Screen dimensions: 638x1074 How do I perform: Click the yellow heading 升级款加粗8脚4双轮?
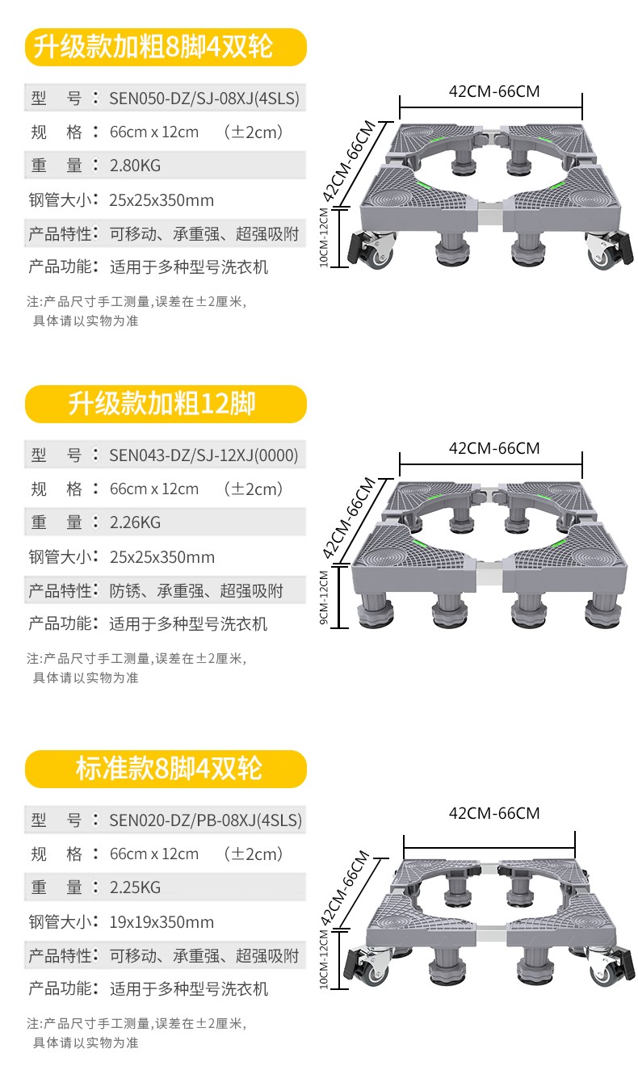coord(165,47)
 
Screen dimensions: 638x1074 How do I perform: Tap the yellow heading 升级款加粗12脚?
coord(165,404)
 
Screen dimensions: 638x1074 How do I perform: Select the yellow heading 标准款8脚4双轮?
coord(165,769)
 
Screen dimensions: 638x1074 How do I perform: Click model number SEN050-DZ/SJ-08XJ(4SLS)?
coord(204,99)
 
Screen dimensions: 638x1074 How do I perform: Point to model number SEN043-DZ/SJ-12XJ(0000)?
coord(204,455)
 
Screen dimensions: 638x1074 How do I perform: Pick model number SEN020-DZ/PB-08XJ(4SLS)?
coord(205,820)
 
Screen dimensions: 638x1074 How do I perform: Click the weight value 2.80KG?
coord(135,166)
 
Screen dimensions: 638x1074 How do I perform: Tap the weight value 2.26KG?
coord(135,522)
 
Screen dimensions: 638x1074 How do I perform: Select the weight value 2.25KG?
coord(135,887)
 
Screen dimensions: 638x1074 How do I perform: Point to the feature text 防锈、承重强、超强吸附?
coord(196,590)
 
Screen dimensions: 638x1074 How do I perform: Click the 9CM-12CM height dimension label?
coord(325,598)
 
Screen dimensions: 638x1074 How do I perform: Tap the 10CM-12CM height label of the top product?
coord(325,237)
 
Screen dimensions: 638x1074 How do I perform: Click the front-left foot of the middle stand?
coord(373,614)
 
